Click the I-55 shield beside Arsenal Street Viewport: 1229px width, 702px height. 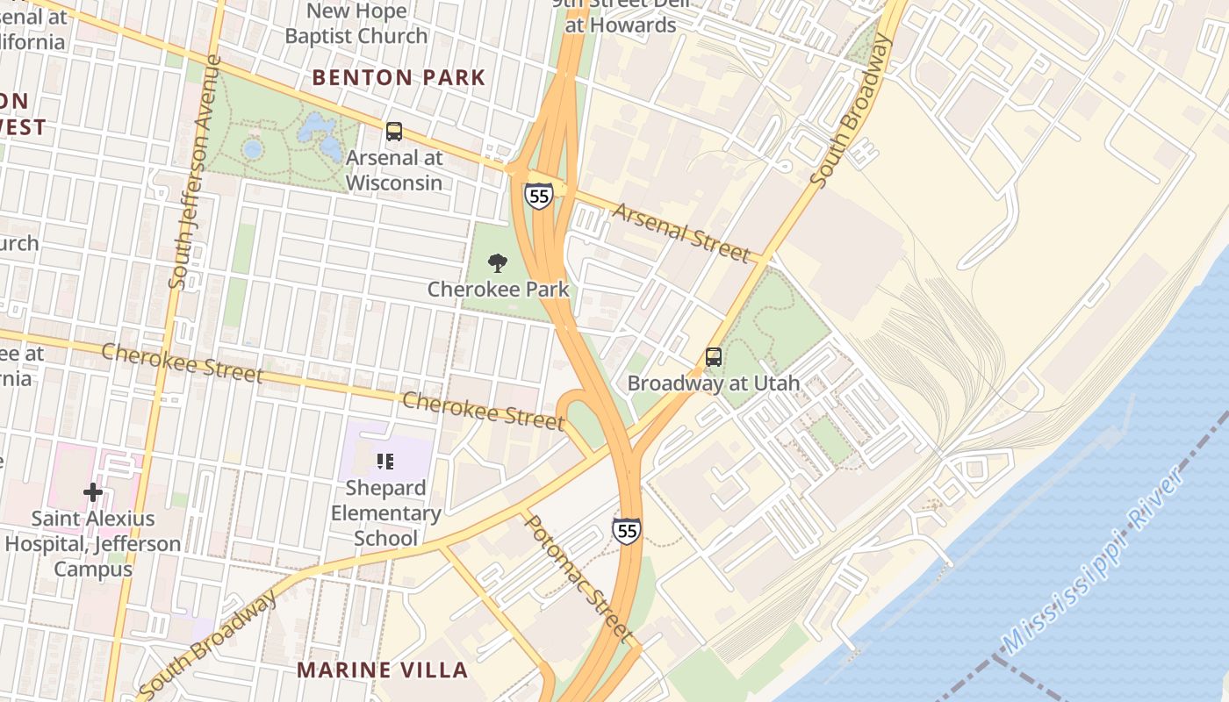click(539, 196)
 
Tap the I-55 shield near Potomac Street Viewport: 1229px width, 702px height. click(626, 530)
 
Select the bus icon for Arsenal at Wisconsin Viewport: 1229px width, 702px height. click(394, 132)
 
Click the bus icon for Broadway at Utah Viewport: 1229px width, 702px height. click(714, 357)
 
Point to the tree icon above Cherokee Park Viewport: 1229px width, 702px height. click(498, 262)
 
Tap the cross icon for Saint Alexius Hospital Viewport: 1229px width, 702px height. click(93, 492)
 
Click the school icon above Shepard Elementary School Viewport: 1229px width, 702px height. click(385, 461)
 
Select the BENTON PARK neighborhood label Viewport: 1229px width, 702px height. click(399, 77)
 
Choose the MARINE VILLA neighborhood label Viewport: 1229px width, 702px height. click(382, 670)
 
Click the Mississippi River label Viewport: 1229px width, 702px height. click(1093, 562)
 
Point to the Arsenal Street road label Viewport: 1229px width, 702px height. click(681, 233)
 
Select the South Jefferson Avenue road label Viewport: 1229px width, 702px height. click(194, 171)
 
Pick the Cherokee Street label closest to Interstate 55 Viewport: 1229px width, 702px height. click(483, 412)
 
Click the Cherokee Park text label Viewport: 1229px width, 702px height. click(498, 289)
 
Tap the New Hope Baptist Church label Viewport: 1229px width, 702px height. click(356, 24)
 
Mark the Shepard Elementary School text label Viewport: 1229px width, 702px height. click(385, 512)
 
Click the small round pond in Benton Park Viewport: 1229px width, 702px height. click(253, 149)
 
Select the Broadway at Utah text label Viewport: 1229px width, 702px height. click(713, 383)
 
